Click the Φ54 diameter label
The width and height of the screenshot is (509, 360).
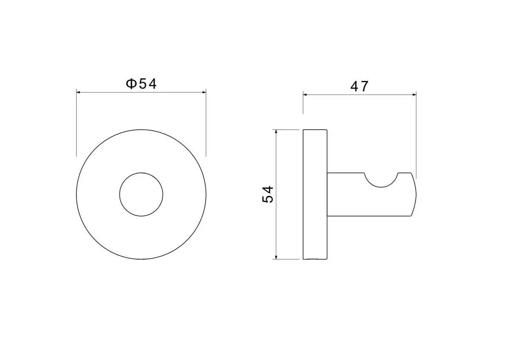pos(141,84)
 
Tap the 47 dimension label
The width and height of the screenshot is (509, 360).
pos(359,87)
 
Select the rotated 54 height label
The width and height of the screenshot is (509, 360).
pos(268,195)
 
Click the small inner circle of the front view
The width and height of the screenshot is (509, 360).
pos(141,173)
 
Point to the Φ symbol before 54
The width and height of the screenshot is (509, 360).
pos(131,84)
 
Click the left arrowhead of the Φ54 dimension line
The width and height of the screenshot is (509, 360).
pos(78,92)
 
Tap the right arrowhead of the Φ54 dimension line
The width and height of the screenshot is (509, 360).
pos(204,92)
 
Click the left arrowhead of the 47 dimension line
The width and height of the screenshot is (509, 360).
pos(305,95)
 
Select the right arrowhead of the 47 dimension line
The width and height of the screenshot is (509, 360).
pos(414,95)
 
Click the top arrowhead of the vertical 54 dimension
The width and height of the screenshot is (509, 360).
pos(276,132)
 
